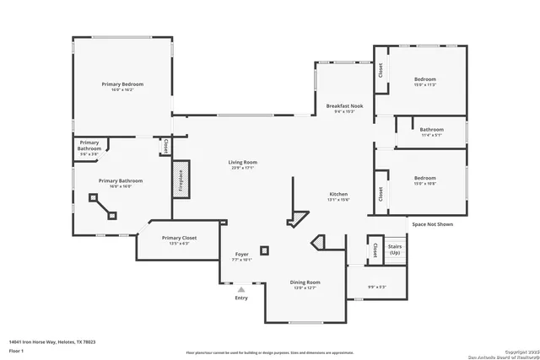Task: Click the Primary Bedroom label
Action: pos(122,84)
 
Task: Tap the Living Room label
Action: pos(242,162)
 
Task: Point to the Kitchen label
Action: pos(338,194)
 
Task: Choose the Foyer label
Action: pos(242,254)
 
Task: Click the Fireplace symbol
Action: pos(179,181)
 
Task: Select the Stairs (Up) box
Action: pos(394,250)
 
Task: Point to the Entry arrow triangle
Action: pos(241,289)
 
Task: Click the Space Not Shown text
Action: pos(432,224)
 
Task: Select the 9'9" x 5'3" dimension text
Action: pos(376,287)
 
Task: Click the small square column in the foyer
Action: pos(264,250)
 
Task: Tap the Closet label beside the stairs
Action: pos(375,250)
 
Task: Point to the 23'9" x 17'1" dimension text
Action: pos(242,168)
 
